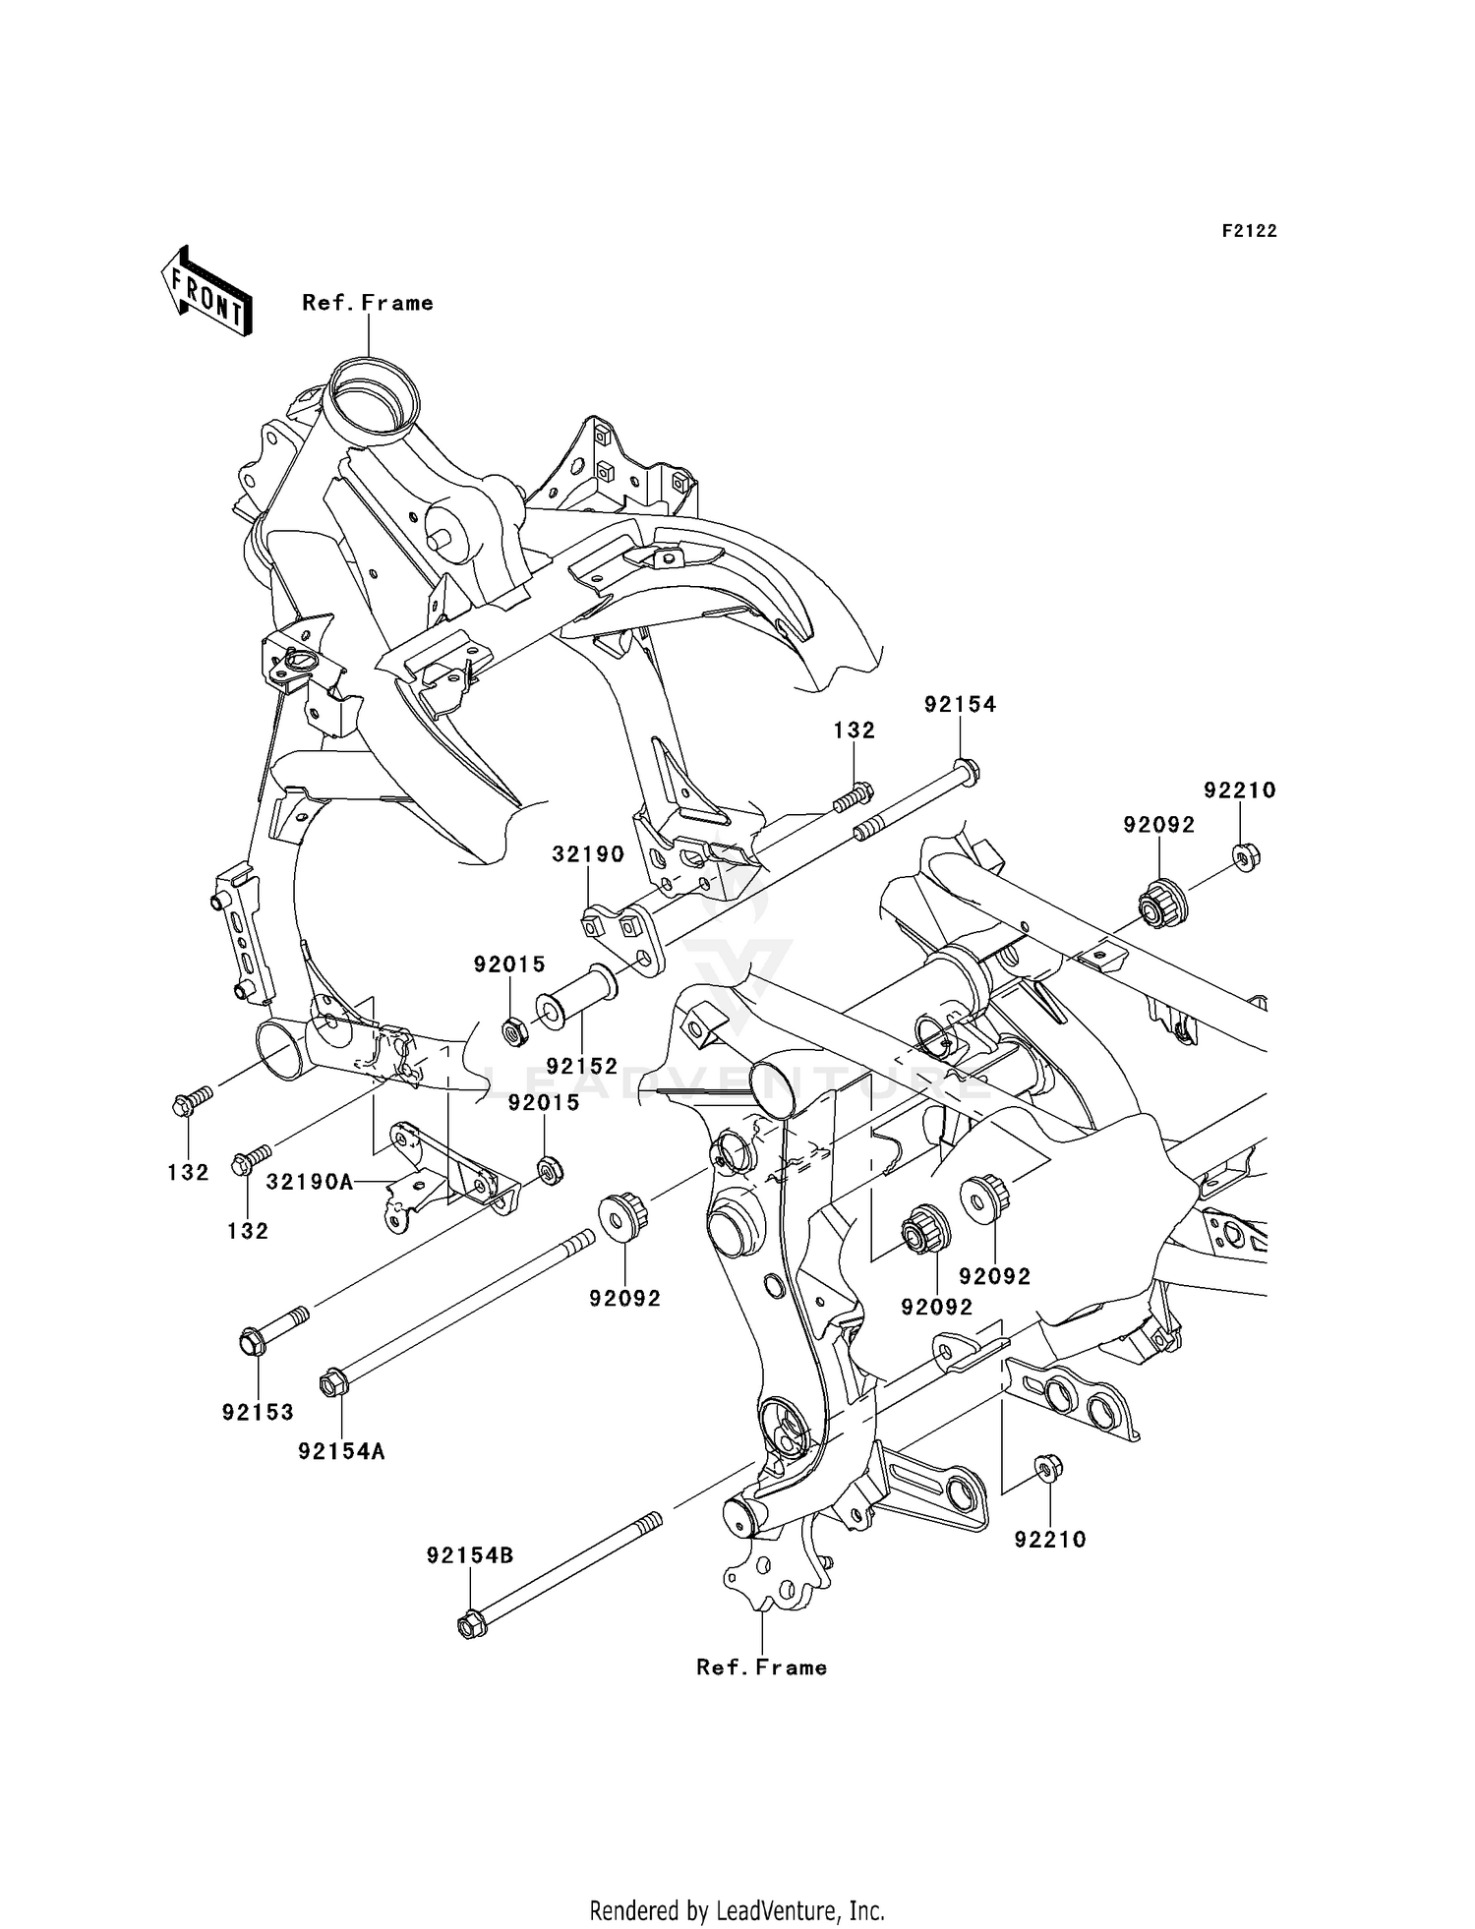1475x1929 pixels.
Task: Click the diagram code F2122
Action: click(1249, 231)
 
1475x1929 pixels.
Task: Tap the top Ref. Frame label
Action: click(368, 303)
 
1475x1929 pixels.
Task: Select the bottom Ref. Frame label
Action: click(761, 1667)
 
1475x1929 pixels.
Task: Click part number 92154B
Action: click(470, 1555)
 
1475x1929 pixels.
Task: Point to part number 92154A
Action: click(342, 1451)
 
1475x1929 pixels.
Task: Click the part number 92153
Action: click(258, 1412)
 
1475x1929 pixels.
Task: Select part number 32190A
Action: click(310, 1182)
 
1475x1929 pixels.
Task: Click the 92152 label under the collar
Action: click(582, 1066)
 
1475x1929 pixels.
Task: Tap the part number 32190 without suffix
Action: click(588, 853)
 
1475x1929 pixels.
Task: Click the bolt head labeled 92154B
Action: click(472, 1625)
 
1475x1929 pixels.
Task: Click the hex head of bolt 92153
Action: click(252, 1341)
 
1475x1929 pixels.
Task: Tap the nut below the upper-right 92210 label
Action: click(1246, 858)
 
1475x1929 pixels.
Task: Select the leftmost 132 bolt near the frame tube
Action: click(183, 1105)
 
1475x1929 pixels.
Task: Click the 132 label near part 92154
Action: click(854, 731)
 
